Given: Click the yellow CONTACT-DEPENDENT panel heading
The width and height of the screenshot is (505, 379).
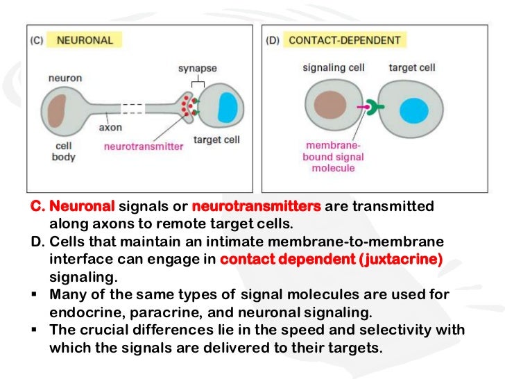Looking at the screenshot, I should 344,40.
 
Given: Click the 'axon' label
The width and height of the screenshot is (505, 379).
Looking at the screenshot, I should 111,128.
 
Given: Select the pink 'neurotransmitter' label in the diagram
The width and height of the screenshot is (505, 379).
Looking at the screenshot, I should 144,146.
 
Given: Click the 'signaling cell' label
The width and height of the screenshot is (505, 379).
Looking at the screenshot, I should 330,67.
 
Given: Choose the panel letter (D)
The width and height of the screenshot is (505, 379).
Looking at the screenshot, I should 273,40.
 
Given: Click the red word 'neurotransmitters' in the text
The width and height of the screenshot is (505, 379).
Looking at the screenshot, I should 256,207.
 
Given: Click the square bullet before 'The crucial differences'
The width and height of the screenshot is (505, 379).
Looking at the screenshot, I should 35,330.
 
